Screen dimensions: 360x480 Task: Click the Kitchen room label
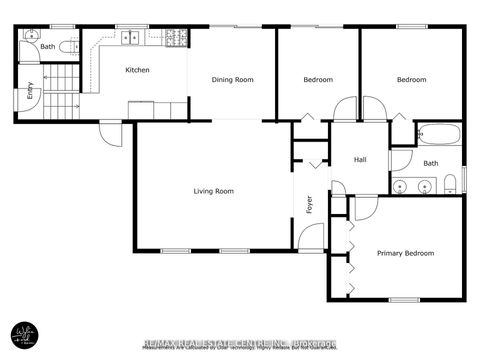137,70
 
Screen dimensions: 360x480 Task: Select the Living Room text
213,191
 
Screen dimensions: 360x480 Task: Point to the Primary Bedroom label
405,253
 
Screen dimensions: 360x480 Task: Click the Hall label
361,160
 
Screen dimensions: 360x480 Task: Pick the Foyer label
309,204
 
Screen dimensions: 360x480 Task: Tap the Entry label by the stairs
30,91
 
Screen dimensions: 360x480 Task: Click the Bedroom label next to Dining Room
318,80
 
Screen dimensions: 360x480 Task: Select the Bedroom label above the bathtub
411,80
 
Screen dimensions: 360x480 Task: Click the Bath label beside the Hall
430,163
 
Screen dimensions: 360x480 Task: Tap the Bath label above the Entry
46,46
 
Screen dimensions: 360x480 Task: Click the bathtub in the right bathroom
438,133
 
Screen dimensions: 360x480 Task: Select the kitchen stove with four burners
176,39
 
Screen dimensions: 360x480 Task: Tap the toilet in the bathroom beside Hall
451,182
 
